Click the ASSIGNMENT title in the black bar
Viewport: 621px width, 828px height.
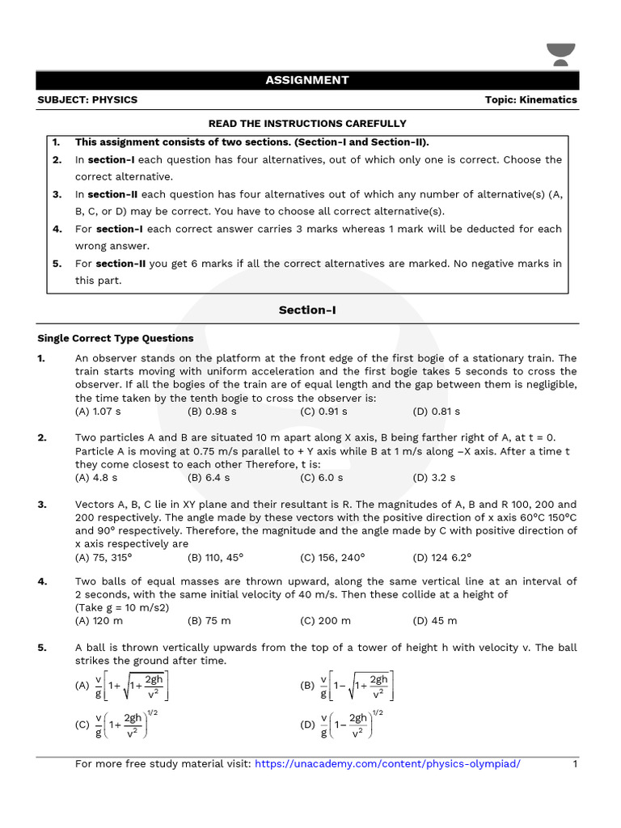[307, 80]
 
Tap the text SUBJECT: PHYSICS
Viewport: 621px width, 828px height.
[87, 100]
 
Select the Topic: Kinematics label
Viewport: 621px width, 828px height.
[531, 100]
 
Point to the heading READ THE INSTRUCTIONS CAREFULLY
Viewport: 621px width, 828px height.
[307, 124]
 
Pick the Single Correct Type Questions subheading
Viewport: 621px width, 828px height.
[116, 338]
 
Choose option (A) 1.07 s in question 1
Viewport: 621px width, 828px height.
[97, 411]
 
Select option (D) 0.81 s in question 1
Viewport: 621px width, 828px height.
[434, 411]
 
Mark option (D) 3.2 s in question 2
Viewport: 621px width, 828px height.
[434, 478]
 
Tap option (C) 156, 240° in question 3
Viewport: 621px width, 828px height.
[332, 557]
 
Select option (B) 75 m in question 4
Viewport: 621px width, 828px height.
[209, 620]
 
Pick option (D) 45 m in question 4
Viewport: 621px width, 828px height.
[435, 620]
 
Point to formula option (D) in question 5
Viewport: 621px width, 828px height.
[343, 724]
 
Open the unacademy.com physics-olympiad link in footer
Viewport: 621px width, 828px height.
[388, 764]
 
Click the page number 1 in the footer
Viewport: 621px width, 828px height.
[575, 764]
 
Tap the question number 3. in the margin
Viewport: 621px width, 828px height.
[42, 505]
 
